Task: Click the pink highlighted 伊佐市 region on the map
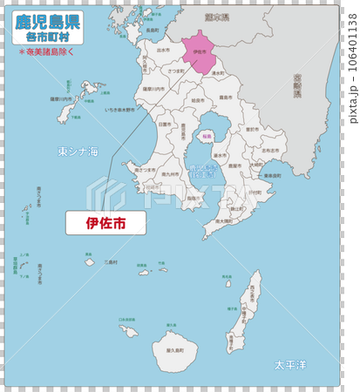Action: (x=200, y=54)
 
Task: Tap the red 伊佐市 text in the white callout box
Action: (x=105, y=223)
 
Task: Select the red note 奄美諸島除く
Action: (x=49, y=52)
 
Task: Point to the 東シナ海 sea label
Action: (x=78, y=152)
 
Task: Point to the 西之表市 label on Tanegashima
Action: (x=254, y=297)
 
